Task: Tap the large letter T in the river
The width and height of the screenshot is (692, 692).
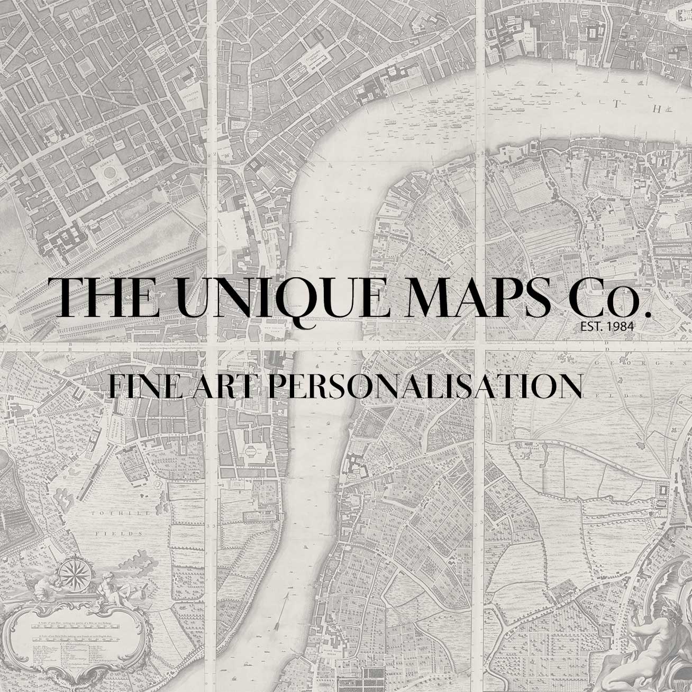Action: (x=615, y=104)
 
